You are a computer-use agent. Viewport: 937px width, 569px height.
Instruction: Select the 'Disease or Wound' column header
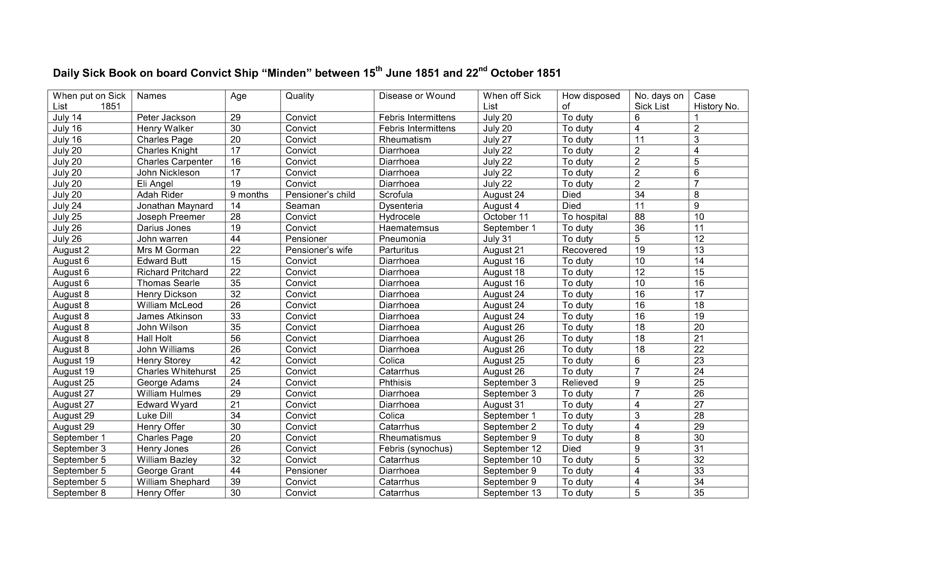coord(417,96)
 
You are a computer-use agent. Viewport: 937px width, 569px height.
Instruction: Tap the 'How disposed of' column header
coord(591,101)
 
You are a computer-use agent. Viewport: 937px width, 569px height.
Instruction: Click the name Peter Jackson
coord(166,118)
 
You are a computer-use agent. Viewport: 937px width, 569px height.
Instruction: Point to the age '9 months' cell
coord(249,195)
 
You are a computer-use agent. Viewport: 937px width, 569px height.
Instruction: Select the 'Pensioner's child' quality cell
coord(320,195)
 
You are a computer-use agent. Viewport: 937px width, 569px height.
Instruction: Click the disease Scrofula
coord(396,195)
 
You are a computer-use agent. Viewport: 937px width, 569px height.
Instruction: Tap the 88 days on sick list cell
coord(640,217)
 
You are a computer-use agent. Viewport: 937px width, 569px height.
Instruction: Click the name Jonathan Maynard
coord(175,206)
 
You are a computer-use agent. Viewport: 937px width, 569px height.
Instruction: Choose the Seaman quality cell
coord(303,206)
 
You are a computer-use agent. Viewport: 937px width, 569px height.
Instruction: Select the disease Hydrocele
coord(399,217)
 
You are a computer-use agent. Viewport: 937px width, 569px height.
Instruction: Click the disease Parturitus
coord(398,250)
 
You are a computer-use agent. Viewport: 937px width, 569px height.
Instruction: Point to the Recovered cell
coord(584,250)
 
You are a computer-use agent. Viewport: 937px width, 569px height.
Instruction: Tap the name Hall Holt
coord(154,338)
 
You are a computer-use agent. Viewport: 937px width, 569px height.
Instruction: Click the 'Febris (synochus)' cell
coord(415,449)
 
